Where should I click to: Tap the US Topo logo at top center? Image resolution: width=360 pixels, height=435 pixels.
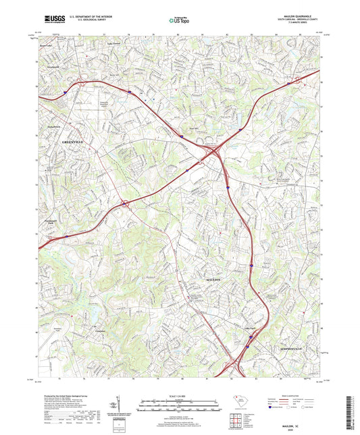pos(176,22)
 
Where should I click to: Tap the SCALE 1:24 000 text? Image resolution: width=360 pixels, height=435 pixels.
pos(180,395)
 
